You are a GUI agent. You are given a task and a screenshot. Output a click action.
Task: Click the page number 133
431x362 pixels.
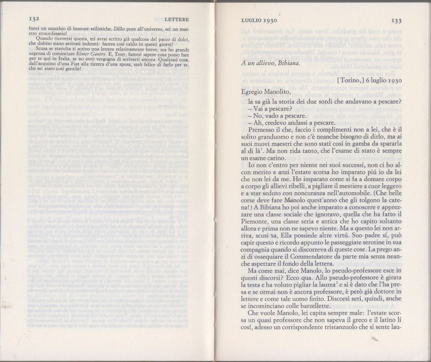pyautogui.click(x=396, y=21)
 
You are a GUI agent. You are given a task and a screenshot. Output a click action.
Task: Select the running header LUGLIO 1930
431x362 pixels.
pyautogui.click(x=259, y=21)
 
